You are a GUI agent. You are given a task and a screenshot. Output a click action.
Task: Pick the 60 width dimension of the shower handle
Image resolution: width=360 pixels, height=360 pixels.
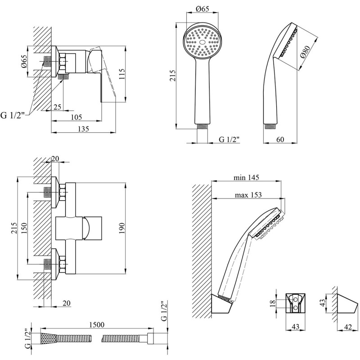[x=279, y=139]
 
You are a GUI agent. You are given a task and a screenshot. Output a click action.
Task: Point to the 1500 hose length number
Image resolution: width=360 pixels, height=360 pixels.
[x=96, y=324]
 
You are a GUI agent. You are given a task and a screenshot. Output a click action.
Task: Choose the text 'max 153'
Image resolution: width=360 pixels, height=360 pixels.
[x=248, y=195]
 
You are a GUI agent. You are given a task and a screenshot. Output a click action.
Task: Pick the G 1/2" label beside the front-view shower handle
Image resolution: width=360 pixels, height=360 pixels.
[x=229, y=139]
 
